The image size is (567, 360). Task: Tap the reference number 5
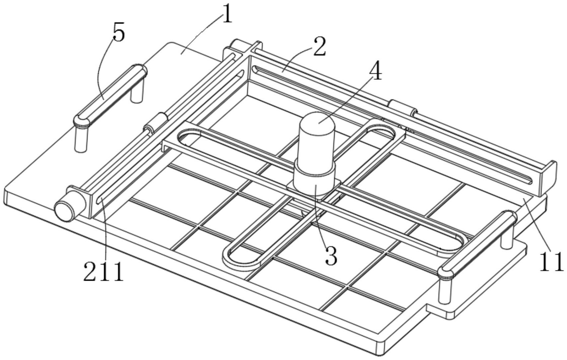(119, 33)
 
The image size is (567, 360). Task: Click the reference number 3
(331, 255)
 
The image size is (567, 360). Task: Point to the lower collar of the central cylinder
(314, 181)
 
